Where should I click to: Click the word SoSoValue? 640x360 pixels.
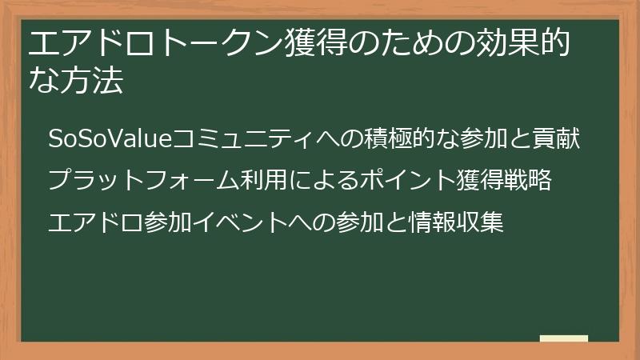click(x=99, y=138)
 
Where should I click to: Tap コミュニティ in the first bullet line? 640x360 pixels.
click(x=232, y=138)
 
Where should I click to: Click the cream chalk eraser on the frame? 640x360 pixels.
click(x=563, y=338)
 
